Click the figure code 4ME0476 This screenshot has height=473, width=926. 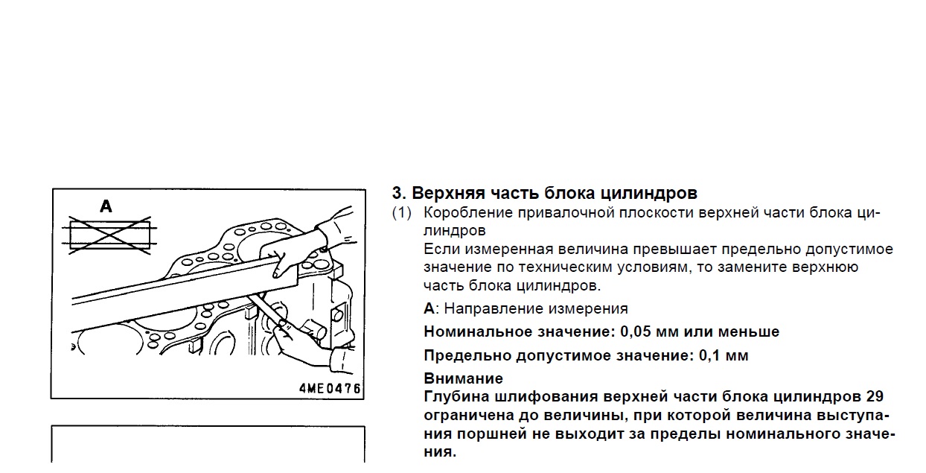(x=330, y=388)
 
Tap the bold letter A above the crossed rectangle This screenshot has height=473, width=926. (x=106, y=206)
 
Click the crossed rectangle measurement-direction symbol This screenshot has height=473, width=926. (x=109, y=235)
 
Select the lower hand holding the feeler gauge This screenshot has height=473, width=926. (x=310, y=343)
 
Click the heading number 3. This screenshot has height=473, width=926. (x=398, y=193)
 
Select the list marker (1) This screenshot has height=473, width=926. (x=402, y=213)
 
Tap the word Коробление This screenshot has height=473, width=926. (x=468, y=213)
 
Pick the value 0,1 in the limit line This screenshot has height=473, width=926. (x=706, y=355)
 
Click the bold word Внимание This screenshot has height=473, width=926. (x=464, y=378)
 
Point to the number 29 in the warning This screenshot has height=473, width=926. (x=875, y=396)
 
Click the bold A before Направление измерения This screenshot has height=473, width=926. (x=429, y=308)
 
